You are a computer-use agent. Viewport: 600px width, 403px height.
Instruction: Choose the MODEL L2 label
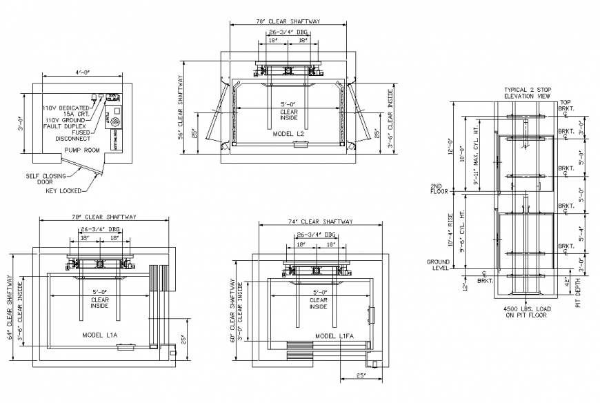click(288, 133)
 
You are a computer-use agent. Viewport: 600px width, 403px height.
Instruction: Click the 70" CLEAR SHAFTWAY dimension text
click(288, 22)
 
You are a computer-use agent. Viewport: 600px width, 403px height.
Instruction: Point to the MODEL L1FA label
click(334, 336)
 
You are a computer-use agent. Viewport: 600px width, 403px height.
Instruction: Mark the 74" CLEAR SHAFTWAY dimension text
click(319, 222)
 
